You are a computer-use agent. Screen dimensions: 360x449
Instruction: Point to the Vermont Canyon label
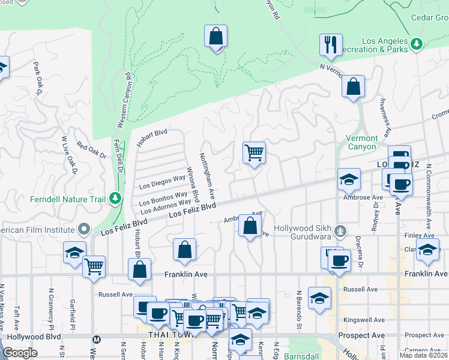click(362, 142)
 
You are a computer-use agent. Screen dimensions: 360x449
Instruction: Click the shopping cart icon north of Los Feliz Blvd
click(254, 153)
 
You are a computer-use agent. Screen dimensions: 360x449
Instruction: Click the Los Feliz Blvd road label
click(191, 211)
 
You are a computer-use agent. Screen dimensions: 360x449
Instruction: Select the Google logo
click(20, 353)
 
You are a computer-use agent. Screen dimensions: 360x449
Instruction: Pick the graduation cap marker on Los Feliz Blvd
click(348, 179)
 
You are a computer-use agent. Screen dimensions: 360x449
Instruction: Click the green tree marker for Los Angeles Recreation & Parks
click(415, 44)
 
